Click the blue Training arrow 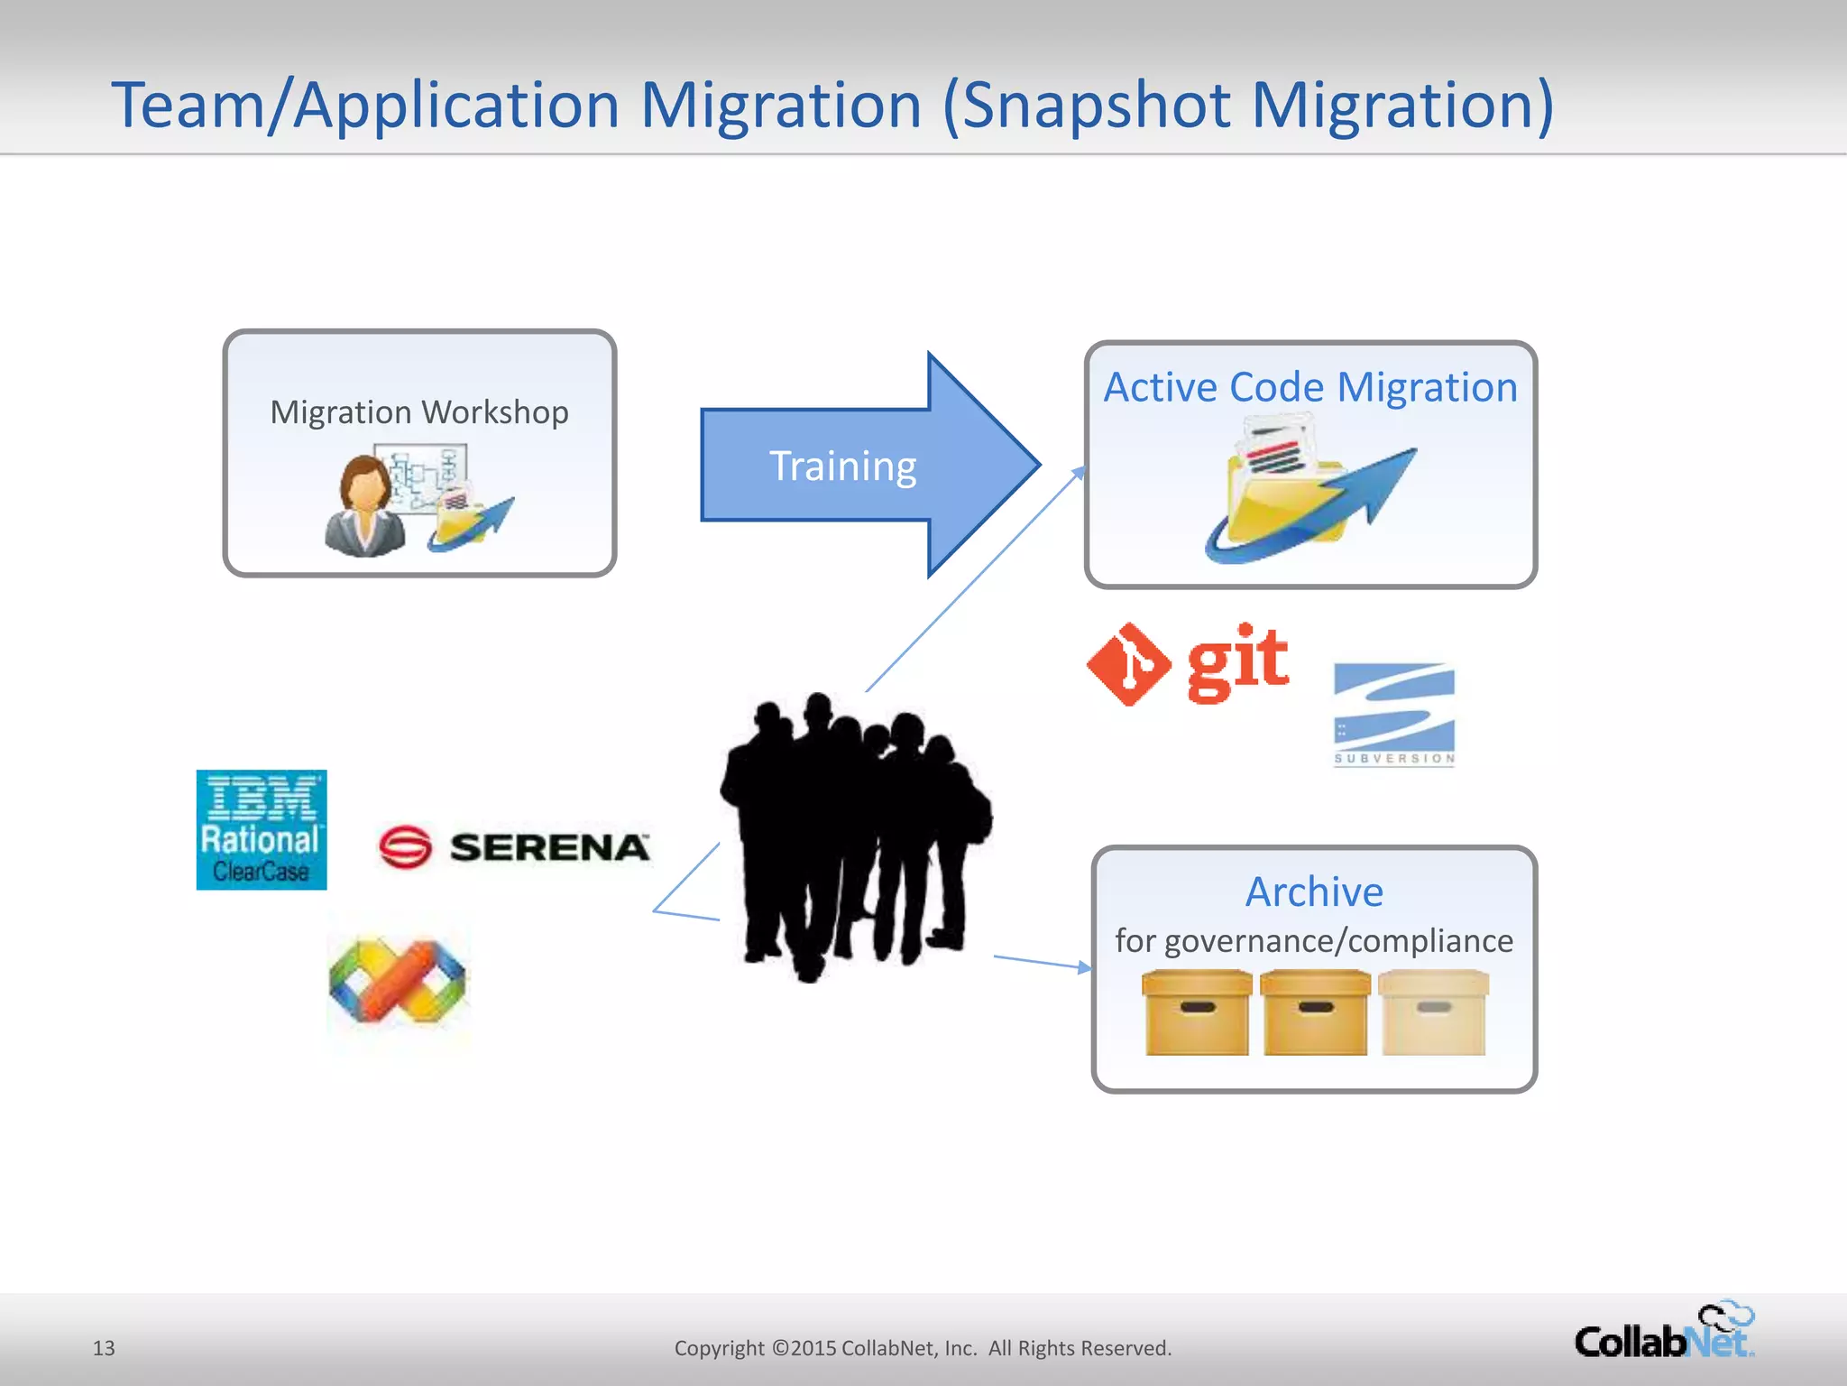click(x=843, y=466)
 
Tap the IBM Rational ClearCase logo click(x=262, y=830)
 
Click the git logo click(x=1189, y=663)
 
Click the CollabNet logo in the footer click(x=1664, y=1333)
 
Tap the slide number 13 click(x=104, y=1348)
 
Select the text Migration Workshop click(x=419, y=412)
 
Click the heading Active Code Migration click(x=1310, y=387)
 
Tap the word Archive click(x=1314, y=892)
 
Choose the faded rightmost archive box click(x=1433, y=1012)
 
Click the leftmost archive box click(x=1197, y=1012)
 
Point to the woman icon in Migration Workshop click(x=364, y=505)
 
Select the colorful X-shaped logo click(x=398, y=981)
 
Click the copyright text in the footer click(x=923, y=1348)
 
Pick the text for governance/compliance click(x=1314, y=941)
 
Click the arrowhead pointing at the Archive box click(x=1084, y=968)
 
